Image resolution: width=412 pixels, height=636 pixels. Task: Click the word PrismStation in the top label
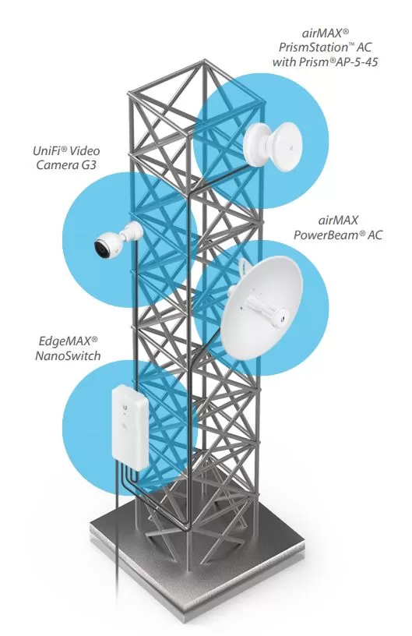coord(313,48)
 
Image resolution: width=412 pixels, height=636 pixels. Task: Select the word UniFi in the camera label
coord(47,151)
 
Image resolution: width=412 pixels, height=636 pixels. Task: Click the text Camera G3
coord(66,165)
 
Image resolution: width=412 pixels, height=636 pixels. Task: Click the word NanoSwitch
coord(68,355)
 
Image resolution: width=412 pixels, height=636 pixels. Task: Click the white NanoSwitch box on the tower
coord(129,428)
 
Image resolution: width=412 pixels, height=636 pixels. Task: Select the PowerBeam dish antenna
coord(262,307)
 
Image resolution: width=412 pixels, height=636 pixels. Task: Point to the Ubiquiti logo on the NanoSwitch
coord(126,405)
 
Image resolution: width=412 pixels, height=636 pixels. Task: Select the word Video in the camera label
coord(85,151)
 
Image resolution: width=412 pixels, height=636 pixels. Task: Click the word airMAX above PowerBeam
coord(338,221)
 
